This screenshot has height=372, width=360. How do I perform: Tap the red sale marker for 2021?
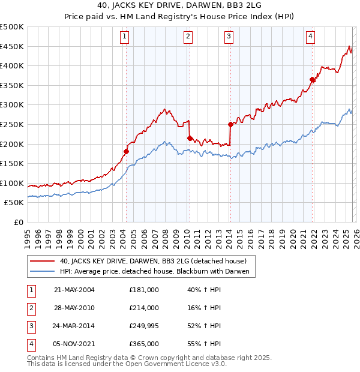pos(313,79)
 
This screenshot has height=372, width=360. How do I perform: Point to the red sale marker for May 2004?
pos(127,151)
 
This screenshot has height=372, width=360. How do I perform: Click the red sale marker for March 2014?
pos(230,124)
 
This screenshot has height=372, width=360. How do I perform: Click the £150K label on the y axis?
pos(12,163)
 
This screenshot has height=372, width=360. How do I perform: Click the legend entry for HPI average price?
pos(158,271)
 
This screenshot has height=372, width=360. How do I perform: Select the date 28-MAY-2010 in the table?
pos(74,308)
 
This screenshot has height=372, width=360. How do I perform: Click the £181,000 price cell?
pos(144,290)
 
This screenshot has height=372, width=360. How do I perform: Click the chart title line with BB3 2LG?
pos(180,5)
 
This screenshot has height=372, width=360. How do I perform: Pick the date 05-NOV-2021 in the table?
pos(74,344)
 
